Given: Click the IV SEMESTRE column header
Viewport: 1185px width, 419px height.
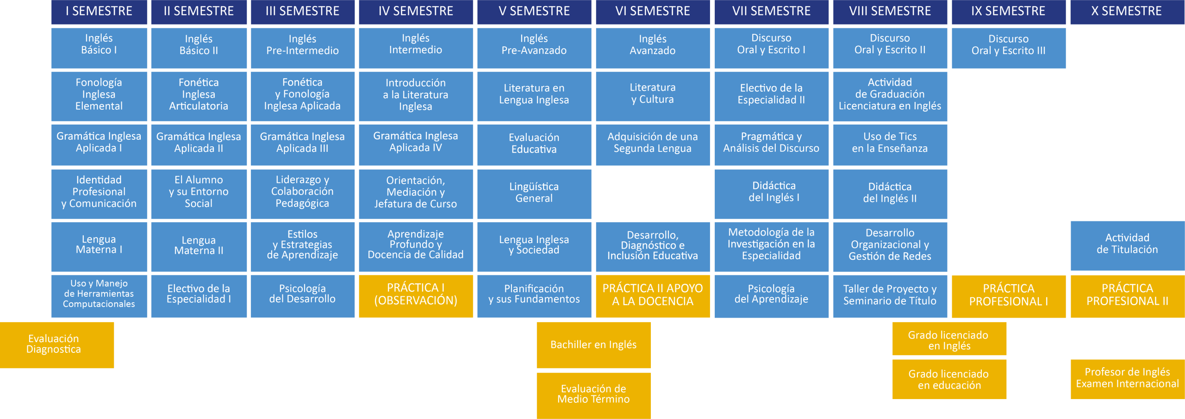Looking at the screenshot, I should (416, 12).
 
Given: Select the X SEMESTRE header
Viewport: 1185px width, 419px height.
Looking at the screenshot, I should (1127, 12).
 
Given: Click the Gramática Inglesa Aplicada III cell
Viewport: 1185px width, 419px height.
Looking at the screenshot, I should (302, 144).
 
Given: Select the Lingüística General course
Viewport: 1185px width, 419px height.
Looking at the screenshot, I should (534, 194).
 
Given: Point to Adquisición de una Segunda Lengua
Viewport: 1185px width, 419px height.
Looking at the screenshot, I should (652, 144).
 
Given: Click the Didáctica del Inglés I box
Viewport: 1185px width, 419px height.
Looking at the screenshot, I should (771, 194).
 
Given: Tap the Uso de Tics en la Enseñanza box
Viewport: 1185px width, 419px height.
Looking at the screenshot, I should (890, 144).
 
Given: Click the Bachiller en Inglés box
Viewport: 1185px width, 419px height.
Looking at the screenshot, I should (593, 345).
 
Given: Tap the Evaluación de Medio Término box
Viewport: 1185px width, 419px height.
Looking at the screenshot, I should (593, 395).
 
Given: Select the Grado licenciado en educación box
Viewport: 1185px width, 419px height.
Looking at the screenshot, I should (949, 379).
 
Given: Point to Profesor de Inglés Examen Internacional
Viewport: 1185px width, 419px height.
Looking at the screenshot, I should (1127, 379).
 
